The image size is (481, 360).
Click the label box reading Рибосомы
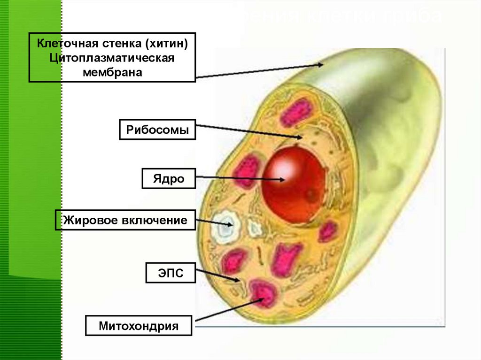[157, 130]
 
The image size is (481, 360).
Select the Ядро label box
[169, 179]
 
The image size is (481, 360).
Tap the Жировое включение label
[125, 220]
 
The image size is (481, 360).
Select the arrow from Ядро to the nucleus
[240, 178]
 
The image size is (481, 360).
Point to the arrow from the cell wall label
[258, 70]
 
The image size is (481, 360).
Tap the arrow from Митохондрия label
[225, 310]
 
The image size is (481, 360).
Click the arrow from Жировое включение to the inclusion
[214, 222]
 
